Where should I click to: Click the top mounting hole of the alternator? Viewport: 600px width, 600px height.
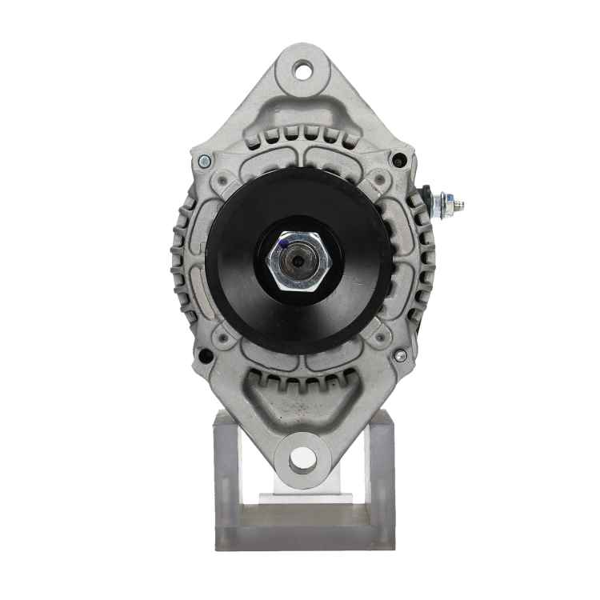pos(302,70)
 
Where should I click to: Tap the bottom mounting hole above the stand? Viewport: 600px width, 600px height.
pos(302,458)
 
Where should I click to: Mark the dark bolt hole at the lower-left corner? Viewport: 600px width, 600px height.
pos(206,356)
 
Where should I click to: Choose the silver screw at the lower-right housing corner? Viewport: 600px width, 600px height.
pos(400,355)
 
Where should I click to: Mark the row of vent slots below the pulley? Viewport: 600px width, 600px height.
pos(301,382)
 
